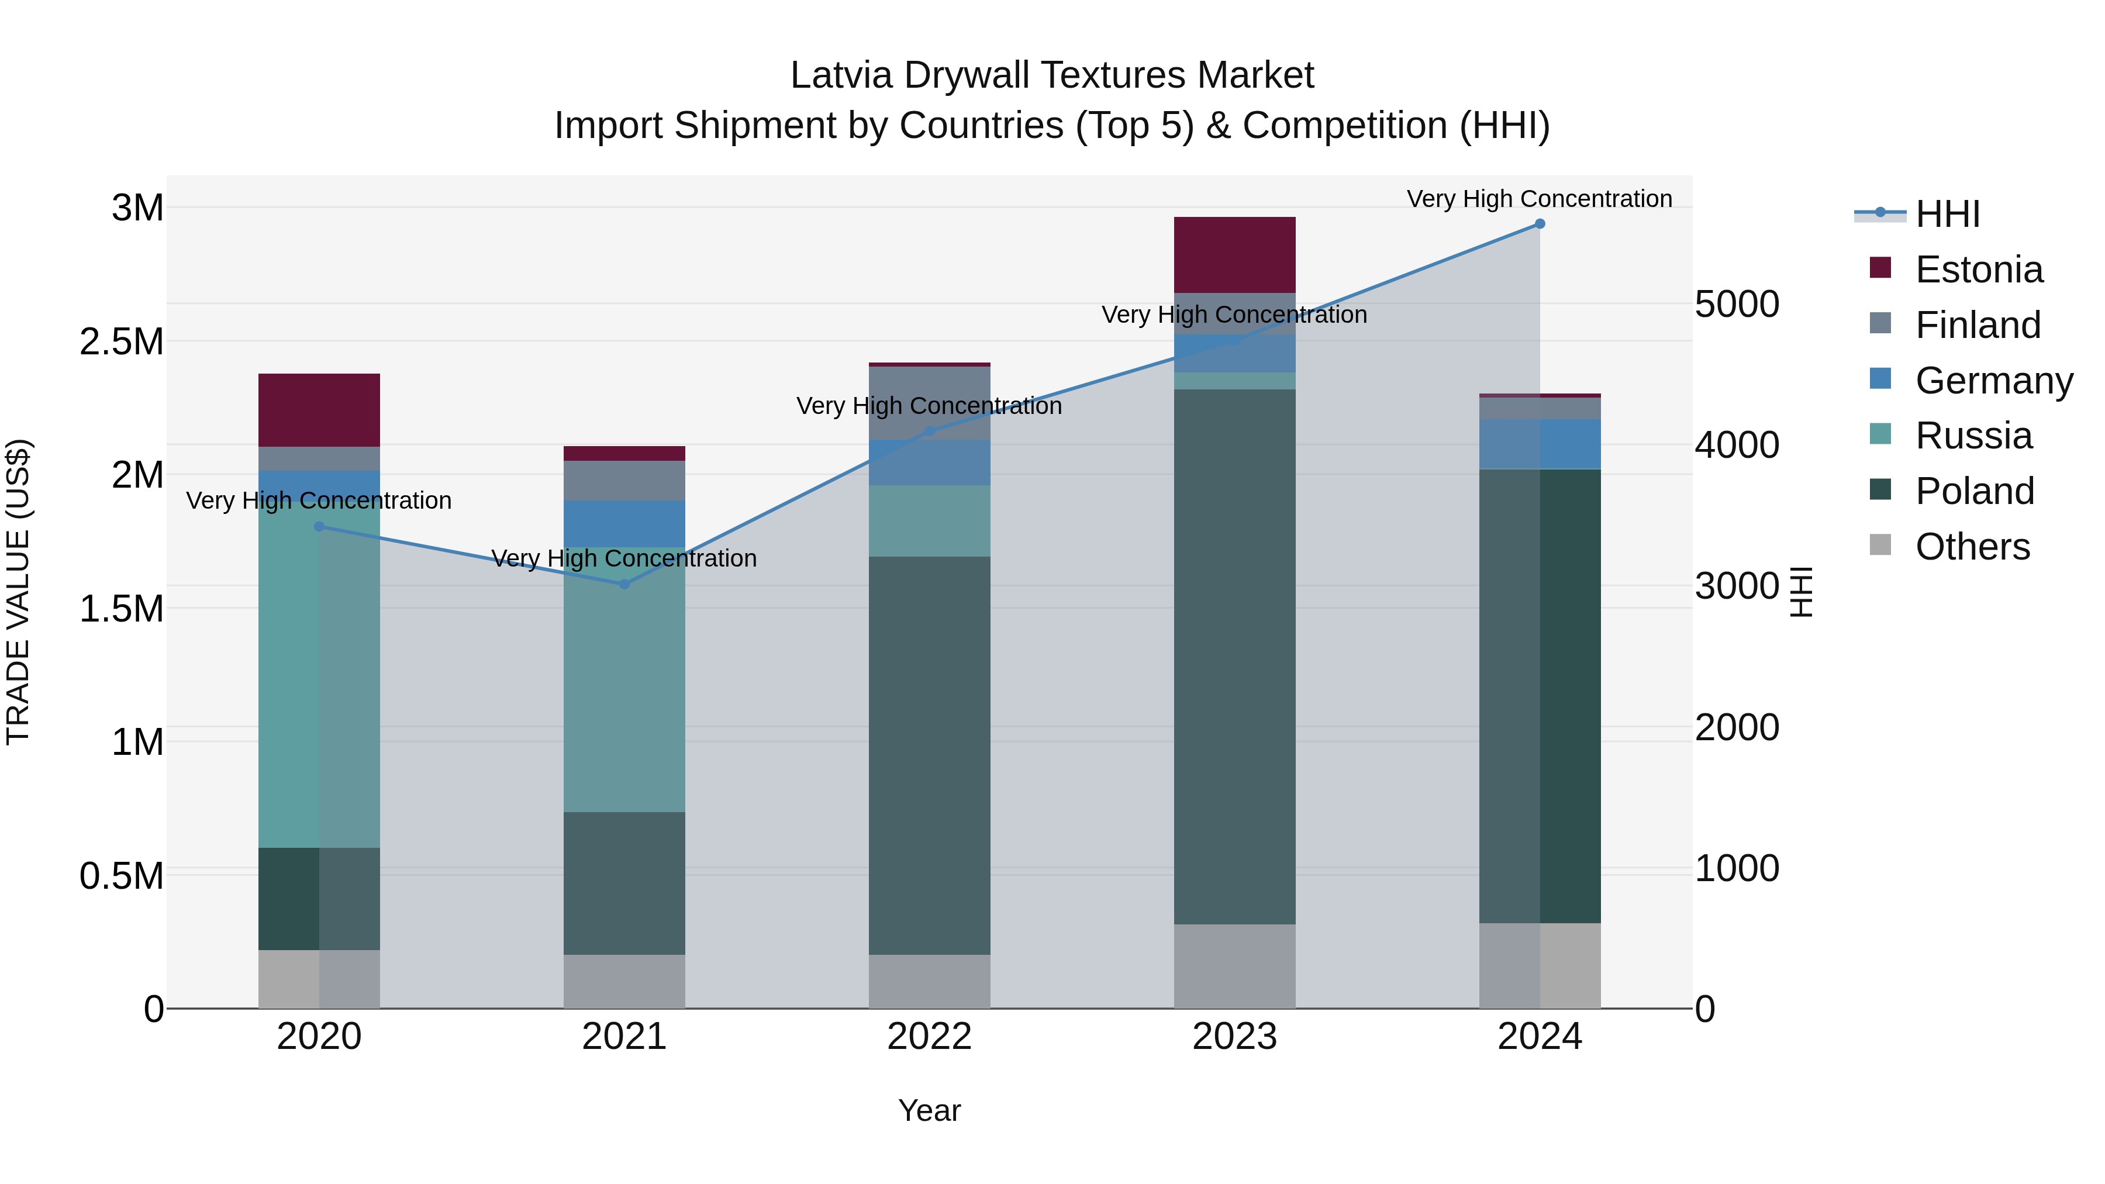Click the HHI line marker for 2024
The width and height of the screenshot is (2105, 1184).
1540,224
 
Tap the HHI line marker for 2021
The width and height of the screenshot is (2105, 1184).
624,584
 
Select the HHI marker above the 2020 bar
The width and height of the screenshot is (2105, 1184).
319,526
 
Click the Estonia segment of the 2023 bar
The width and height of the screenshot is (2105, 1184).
1235,255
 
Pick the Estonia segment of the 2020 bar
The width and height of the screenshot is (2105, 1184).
319,410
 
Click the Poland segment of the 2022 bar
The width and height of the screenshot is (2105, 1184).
929,756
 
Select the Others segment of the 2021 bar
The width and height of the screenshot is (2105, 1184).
624,981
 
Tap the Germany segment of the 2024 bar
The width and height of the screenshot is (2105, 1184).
1540,444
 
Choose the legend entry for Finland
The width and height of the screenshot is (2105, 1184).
1978,325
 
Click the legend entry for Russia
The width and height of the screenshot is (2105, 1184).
1973,436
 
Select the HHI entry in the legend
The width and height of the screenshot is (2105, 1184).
1947,214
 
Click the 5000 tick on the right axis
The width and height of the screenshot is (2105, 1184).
1737,304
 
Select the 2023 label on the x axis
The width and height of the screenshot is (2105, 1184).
1235,1037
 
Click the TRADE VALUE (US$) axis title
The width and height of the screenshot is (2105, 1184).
19,592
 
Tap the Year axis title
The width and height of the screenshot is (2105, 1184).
929,1110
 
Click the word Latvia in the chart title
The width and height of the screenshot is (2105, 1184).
841,75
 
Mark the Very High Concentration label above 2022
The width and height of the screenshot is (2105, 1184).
929,406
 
